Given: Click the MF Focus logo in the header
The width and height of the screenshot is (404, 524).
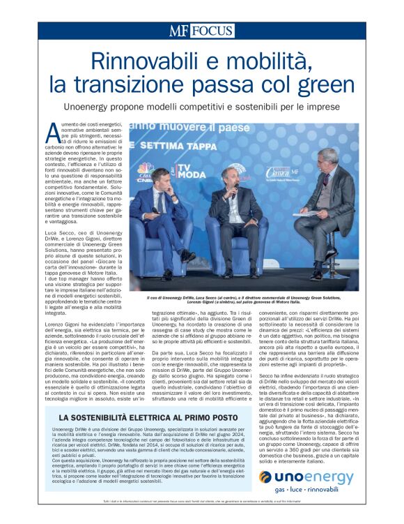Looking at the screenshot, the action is [201, 31].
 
